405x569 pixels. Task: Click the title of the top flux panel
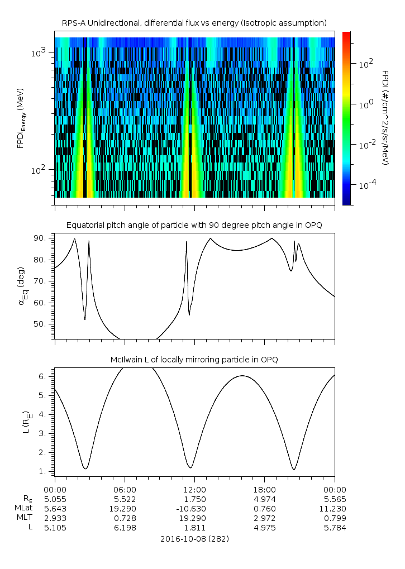tap(194, 22)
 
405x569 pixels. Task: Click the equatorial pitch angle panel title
tap(194, 225)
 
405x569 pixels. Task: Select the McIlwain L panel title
tap(194, 359)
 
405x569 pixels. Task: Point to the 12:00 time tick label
tap(194, 488)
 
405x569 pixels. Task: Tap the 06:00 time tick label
tap(125, 488)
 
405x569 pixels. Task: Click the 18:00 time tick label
tap(264, 488)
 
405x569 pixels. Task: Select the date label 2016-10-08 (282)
tap(194, 539)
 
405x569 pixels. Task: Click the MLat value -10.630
tap(194, 508)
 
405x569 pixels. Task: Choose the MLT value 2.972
tap(264, 518)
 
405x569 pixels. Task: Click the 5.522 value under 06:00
tap(125, 498)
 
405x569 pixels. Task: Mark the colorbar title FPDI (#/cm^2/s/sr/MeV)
tap(385, 118)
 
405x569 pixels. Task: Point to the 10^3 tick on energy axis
tap(40, 52)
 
